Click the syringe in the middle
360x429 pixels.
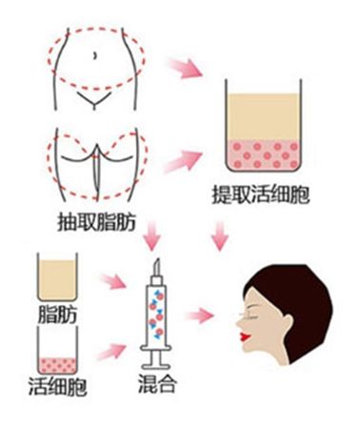[157, 315]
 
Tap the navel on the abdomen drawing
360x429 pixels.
[96, 55]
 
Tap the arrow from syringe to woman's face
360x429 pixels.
[203, 315]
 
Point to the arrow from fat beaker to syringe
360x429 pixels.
[114, 282]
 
